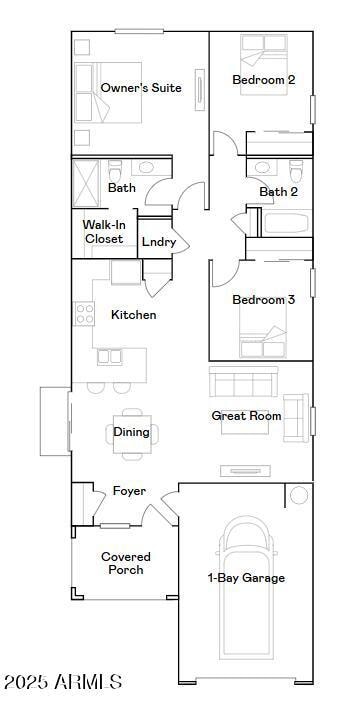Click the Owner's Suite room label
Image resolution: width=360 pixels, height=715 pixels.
click(141, 88)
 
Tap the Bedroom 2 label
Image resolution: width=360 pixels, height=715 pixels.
click(263, 80)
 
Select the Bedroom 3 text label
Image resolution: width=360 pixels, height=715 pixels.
click(263, 300)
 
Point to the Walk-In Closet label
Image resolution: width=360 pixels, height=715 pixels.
click(103, 232)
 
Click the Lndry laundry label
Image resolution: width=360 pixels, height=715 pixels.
click(158, 242)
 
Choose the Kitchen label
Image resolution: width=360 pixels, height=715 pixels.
click(133, 315)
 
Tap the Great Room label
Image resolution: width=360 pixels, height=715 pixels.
click(246, 416)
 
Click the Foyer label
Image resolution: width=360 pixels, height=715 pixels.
click(129, 491)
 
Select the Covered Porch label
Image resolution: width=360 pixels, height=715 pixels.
click(126, 563)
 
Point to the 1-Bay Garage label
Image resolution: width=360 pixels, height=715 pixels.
click(246, 578)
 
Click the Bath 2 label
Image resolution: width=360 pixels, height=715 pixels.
click(278, 192)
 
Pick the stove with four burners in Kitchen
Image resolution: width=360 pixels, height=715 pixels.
click(84, 314)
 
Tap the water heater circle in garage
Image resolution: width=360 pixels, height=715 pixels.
click(299, 495)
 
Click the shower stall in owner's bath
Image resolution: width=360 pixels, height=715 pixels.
click(87, 181)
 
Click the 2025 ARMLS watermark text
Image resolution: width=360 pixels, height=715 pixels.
click(62, 682)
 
